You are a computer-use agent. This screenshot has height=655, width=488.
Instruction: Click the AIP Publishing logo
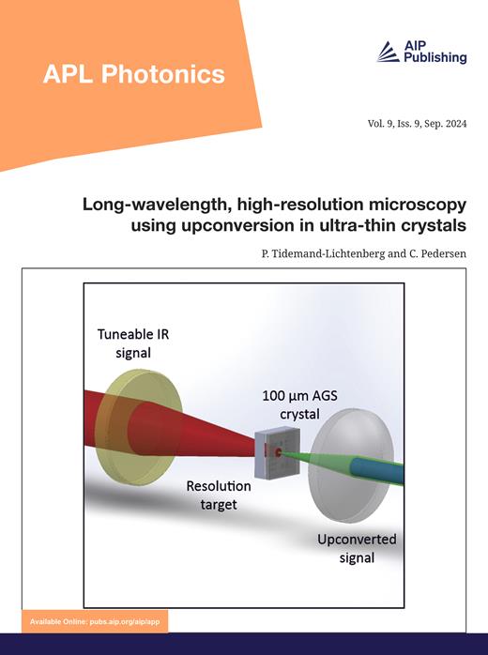pos(421,53)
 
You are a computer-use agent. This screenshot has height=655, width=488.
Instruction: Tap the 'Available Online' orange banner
pos(98,622)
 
